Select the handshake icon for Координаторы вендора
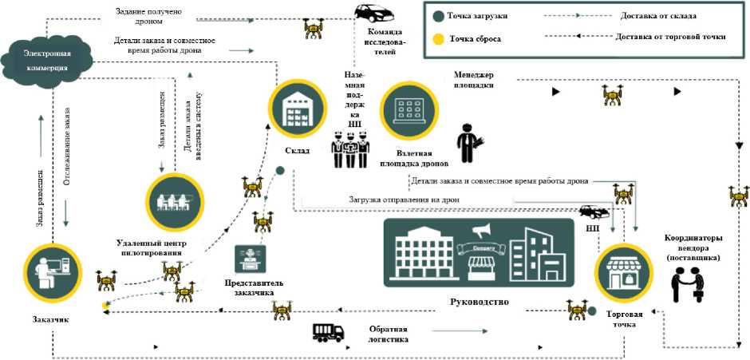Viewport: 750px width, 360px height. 689,283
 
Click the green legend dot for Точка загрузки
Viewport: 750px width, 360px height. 439,16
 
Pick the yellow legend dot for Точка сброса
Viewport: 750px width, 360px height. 439,38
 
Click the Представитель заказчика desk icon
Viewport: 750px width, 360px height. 249,260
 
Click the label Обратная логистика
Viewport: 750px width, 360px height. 389,334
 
